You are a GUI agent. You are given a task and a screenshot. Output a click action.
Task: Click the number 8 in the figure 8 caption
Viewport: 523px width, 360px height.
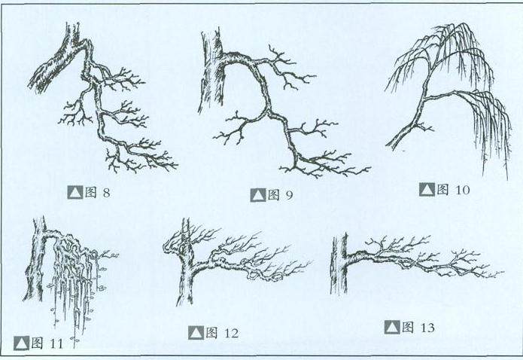106,193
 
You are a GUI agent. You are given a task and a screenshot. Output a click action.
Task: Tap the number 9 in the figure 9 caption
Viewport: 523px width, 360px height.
289,195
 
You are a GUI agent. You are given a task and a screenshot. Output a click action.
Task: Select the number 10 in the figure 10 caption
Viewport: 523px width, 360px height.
462,190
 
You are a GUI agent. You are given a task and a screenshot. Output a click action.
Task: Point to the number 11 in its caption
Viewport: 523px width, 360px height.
56,343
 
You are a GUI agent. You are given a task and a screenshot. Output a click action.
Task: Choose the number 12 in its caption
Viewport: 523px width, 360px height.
231,333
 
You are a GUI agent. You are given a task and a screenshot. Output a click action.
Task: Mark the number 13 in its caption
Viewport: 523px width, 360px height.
427,328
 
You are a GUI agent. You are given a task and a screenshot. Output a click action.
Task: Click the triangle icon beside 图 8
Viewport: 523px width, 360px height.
74,193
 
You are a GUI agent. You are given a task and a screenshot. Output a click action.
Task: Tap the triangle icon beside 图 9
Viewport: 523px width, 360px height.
258,195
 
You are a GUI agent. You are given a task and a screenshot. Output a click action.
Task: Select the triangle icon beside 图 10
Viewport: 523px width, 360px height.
427,189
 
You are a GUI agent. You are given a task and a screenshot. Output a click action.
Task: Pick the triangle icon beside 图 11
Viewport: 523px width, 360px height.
21,343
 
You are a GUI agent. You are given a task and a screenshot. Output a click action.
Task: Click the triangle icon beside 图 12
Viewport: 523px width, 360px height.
196,333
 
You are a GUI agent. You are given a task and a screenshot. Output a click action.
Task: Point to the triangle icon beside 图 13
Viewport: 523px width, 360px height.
391,328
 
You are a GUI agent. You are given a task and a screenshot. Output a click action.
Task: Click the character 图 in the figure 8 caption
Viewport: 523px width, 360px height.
91,192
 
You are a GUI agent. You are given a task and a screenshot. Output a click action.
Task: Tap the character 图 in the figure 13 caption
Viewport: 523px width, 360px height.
408,327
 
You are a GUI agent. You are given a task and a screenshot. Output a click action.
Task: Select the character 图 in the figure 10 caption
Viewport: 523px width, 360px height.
442,189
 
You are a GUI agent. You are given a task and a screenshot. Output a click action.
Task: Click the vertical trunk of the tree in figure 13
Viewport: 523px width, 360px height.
339,264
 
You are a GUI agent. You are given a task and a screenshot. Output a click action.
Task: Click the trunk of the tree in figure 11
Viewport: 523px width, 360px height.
37,261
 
